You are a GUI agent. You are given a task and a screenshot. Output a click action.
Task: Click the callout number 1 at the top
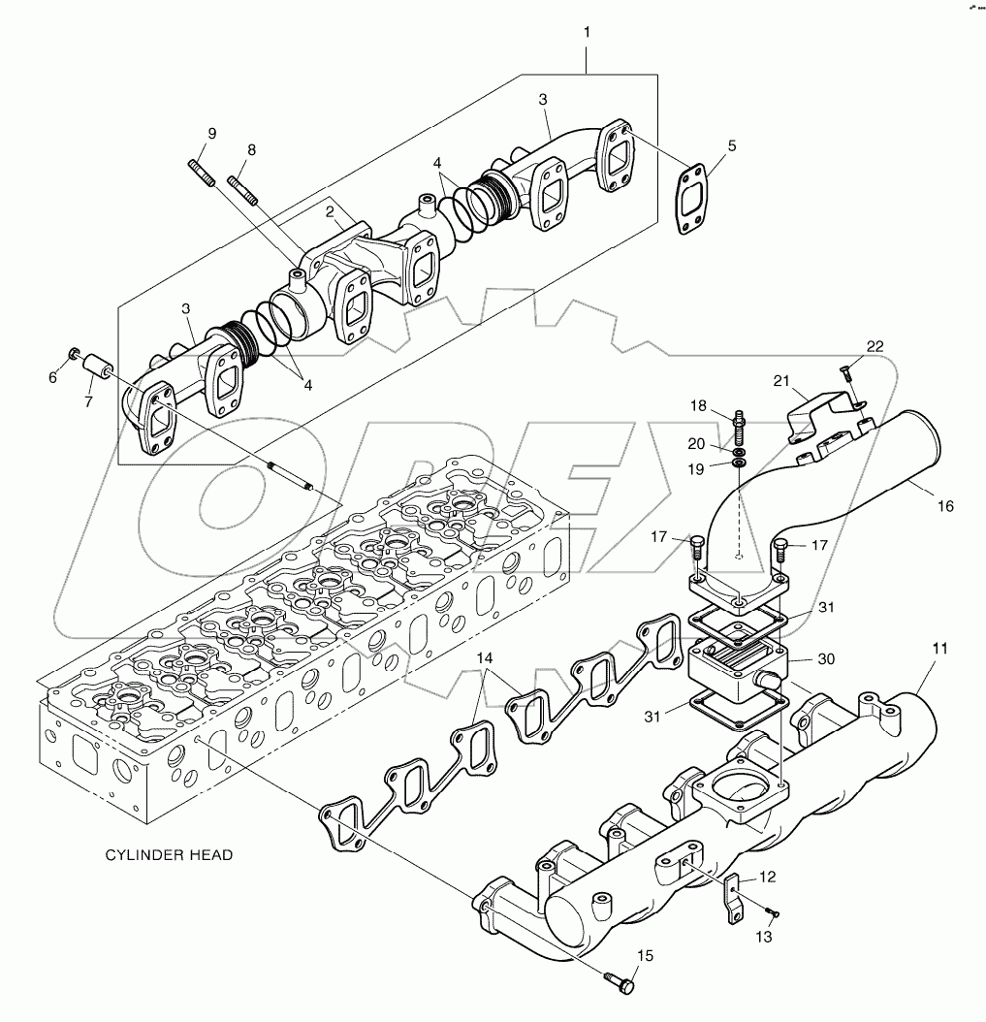pos(587,32)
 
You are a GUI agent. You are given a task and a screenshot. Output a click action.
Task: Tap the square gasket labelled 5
pos(692,200)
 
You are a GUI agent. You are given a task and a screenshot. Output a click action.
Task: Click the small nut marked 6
pos(75,351)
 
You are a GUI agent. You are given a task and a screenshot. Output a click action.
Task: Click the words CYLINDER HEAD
pos(169,855)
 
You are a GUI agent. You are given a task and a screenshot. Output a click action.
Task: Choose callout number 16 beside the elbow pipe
pos(945,506)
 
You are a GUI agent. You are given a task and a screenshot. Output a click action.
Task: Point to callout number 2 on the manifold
pos(330,211)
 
